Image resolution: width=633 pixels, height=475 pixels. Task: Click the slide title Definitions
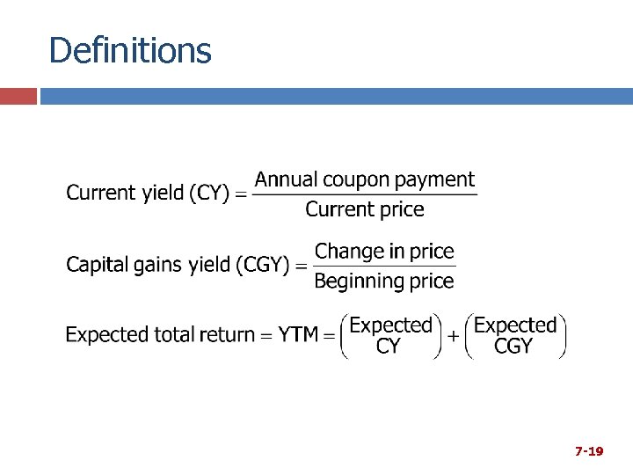pos(130,50)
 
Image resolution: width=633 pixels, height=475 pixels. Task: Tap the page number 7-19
pos(589,451)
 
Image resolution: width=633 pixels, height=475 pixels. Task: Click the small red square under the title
pos(18,95)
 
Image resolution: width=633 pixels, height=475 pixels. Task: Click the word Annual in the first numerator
pos(287,179)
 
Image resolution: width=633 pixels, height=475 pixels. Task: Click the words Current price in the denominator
pos(364,209)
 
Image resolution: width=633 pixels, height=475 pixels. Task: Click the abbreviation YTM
pos(298,335)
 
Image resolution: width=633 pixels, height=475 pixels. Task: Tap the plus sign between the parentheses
pos(454,336)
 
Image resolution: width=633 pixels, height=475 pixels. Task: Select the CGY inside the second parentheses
pos(513,347)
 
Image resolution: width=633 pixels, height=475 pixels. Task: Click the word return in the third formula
pos(226,335)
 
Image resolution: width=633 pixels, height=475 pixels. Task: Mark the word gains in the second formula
pos(158,264)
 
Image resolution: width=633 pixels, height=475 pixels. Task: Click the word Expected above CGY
pos(515,325)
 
